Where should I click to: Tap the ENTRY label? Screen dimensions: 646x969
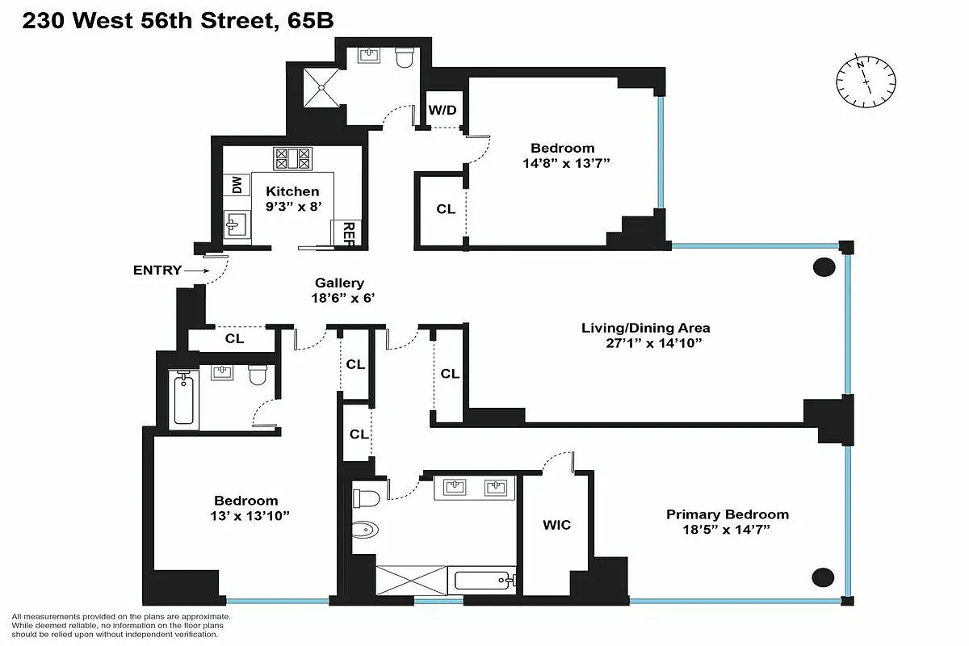tap(157, 271)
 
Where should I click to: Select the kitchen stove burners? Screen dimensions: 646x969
tap(292, 157)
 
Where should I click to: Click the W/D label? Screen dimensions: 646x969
tap(440, 108)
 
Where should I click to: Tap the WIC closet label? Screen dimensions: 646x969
tap(556, 525)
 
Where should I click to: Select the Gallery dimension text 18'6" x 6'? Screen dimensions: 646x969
tap(339, 298)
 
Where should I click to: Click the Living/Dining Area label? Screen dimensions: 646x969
tap(646, 328)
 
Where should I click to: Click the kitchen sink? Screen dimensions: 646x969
tap(237, 225)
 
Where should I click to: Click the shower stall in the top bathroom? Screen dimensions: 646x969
tap(322, 87)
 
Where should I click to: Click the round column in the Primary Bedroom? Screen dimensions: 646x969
tap(823, 577)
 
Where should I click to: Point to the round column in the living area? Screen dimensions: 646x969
tap(824, 267)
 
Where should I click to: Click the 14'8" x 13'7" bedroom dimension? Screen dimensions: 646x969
tap(562, 162)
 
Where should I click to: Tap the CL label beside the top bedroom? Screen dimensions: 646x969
tap(446, 208)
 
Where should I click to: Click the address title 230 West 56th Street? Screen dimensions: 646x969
tap(150, 21)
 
